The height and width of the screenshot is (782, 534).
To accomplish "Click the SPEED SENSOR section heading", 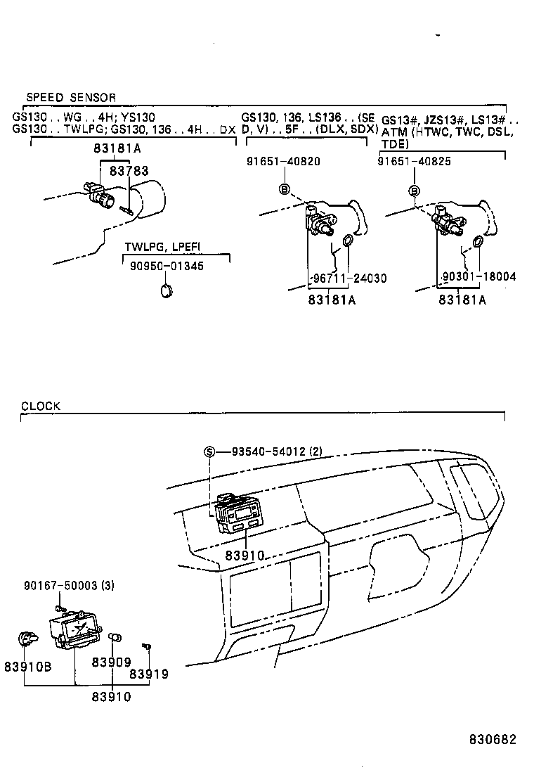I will pos(71,97).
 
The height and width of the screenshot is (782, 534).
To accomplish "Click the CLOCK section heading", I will pos(41,406).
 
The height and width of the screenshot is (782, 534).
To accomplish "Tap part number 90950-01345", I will pos(167,266).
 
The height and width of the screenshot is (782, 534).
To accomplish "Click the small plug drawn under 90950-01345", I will pos(167,290).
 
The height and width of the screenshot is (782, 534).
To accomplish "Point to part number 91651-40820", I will pos(283,161).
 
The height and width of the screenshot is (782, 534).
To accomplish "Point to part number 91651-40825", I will pos(414,161).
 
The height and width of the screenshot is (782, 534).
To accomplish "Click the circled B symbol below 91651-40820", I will pos(285,188).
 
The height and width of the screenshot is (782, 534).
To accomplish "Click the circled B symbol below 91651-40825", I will pos(415,191).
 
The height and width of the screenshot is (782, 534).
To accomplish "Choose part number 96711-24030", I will pos(347,278).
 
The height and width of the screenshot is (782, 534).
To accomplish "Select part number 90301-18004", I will pos(479,277).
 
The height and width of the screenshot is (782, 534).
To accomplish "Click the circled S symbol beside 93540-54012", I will pos(209,451).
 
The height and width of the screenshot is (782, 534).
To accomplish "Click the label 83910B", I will pos(27,666).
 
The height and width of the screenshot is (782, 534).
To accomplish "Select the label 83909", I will pos(112,662).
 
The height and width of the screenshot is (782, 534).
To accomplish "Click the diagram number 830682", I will pos(493,740).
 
